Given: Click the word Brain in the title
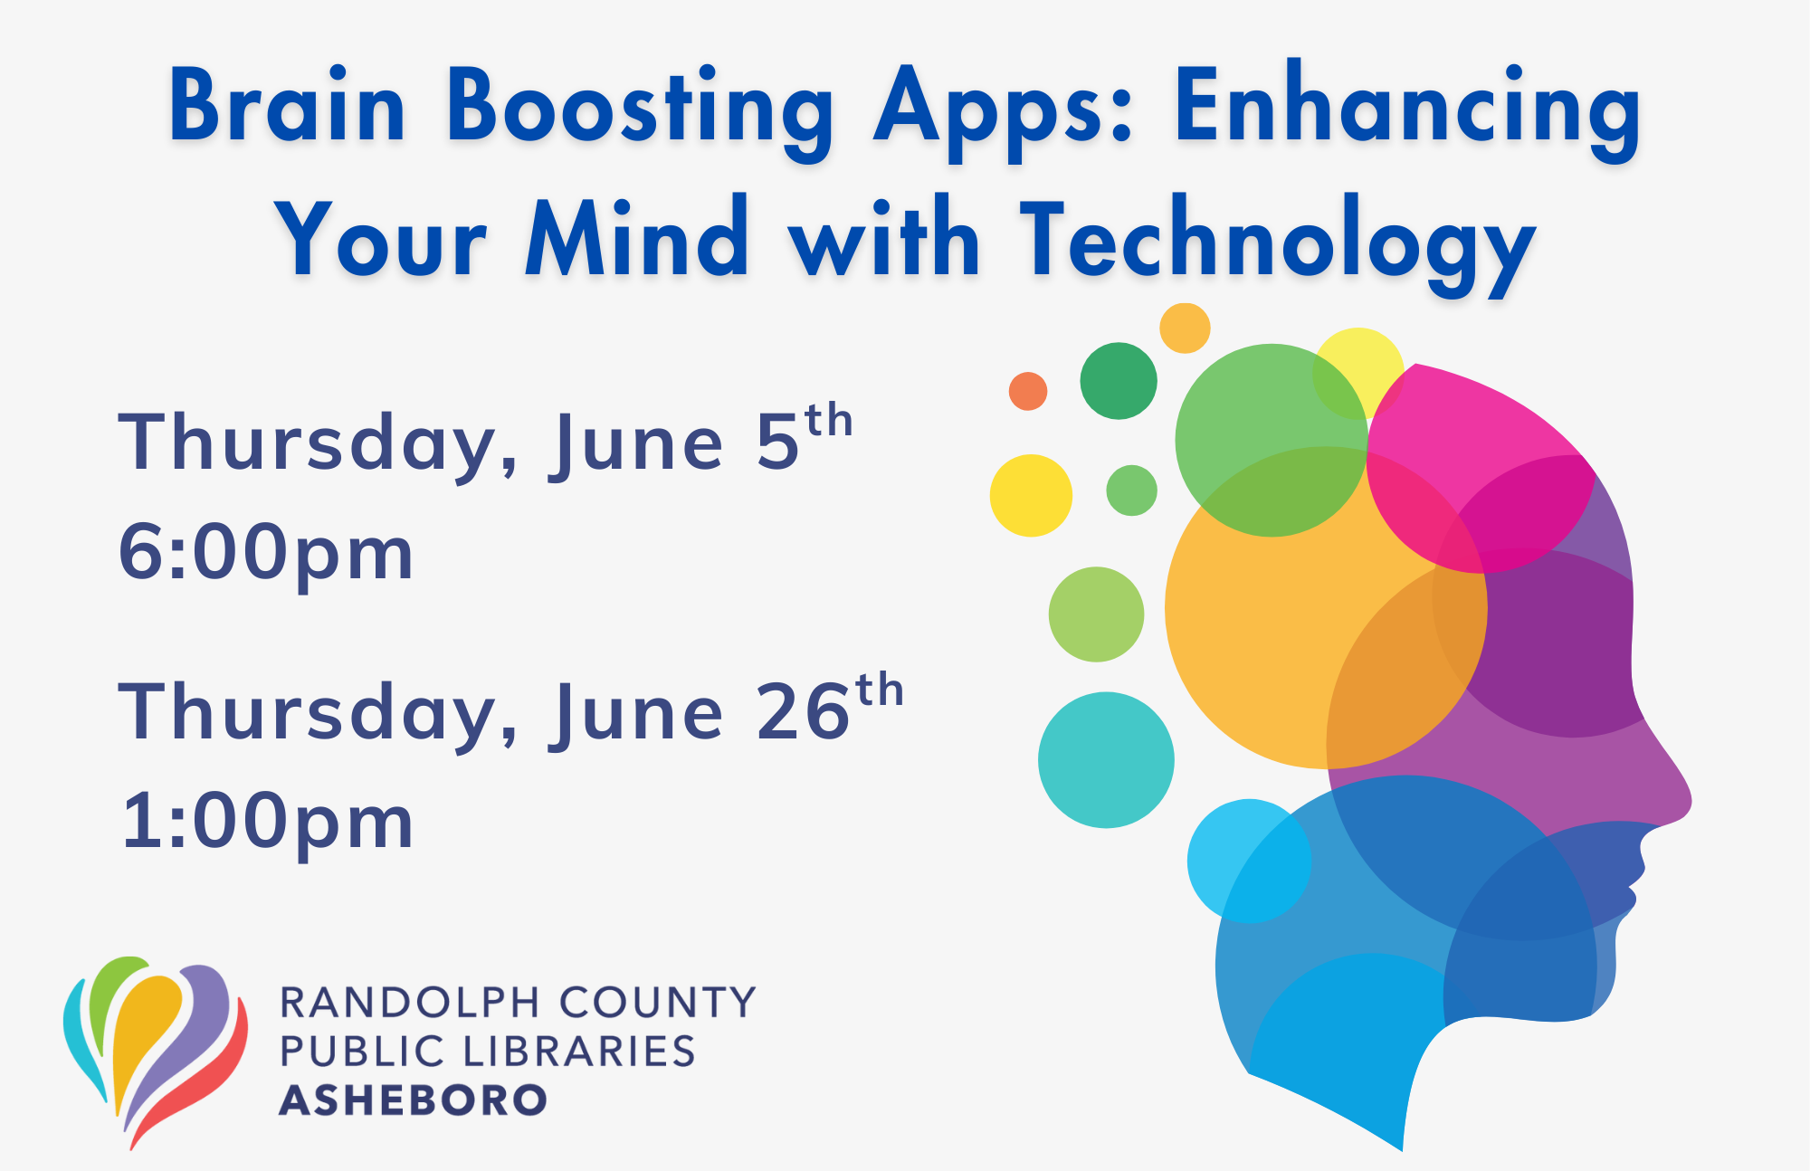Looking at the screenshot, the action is coord(288,106).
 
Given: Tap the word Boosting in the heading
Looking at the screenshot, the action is coord(640,110).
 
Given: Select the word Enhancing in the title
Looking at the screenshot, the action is coord(1408,110).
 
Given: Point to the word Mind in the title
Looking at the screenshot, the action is coord(637,236).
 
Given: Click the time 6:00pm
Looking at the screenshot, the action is coord(266,554).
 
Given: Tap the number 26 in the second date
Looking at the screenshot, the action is coord(803,712).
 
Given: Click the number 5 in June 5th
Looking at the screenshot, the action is coord(777,443).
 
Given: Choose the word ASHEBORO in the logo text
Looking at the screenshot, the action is coord(414,1100).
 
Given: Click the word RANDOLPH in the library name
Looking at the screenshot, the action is coord(411,1003).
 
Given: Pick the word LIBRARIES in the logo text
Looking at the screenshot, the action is coord(579,1052).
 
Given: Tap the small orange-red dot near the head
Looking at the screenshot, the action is coord(1028,391).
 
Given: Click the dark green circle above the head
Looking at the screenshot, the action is coord(1119,381).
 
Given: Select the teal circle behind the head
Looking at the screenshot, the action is coord(1106,760).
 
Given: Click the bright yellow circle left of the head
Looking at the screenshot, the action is coord(1031,496).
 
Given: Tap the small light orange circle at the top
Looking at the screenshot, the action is coord(1185,328).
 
